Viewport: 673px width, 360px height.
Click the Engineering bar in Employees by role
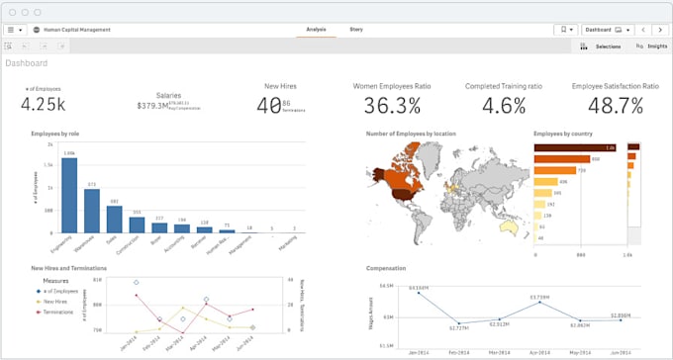(x=69, y=193)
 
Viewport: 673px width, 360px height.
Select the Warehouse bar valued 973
(x=92, y=209)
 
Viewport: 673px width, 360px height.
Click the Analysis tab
(x=316, y=30)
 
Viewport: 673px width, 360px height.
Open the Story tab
(x=356, y=30)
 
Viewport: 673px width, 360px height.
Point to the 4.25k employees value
(x=43, y=105)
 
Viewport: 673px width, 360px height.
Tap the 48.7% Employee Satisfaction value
(x=616, y=106)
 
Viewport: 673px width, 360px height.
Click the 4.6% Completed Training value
(x=504, y=106)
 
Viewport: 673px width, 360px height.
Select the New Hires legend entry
(x=57, y=302)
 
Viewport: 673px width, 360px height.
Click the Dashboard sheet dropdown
(x=609, y=30)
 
